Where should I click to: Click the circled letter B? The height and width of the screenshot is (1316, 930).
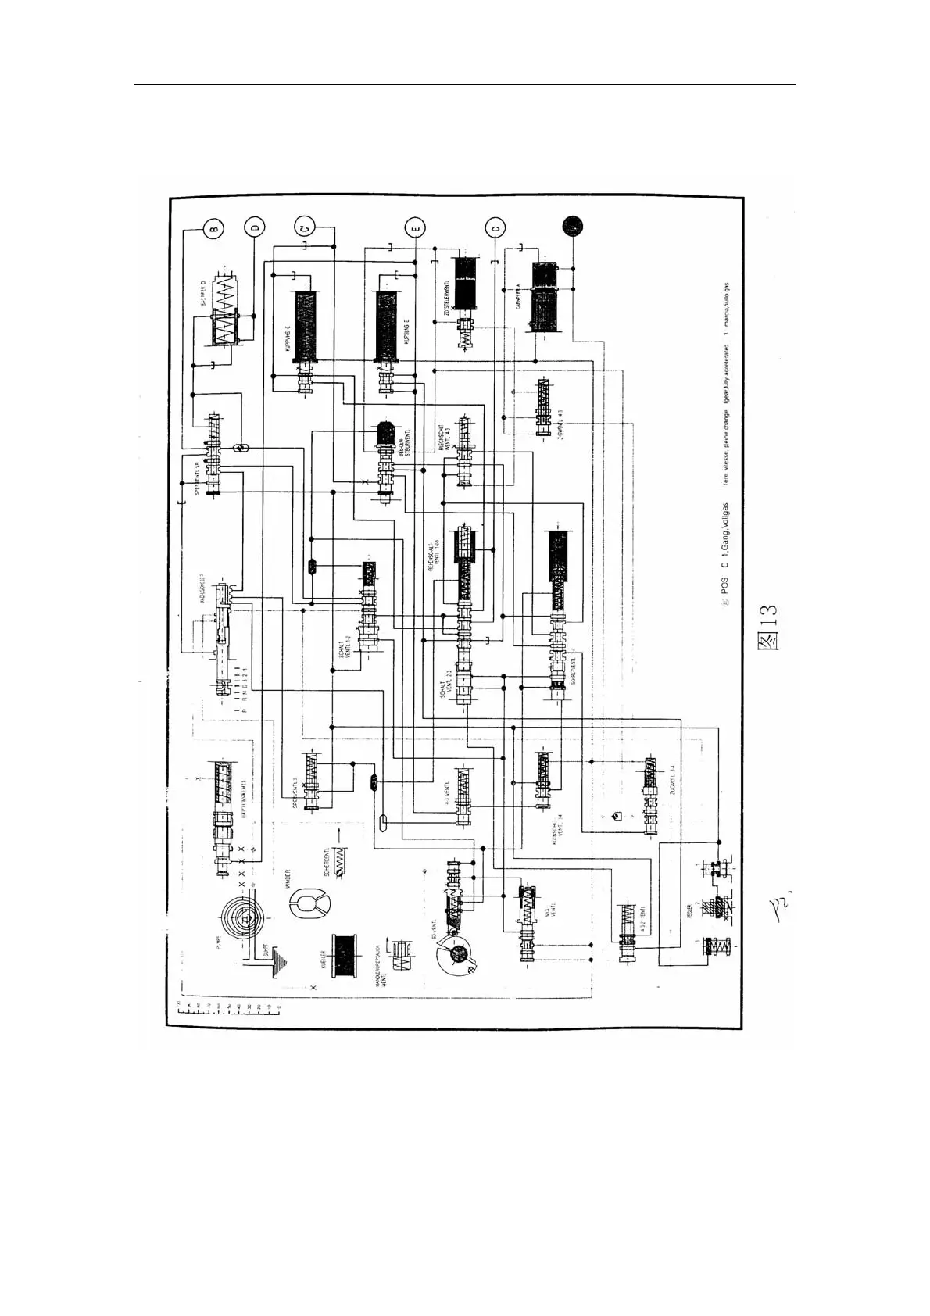213,229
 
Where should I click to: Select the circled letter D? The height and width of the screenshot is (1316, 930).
255,228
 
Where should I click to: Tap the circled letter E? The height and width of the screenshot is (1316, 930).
416,228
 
